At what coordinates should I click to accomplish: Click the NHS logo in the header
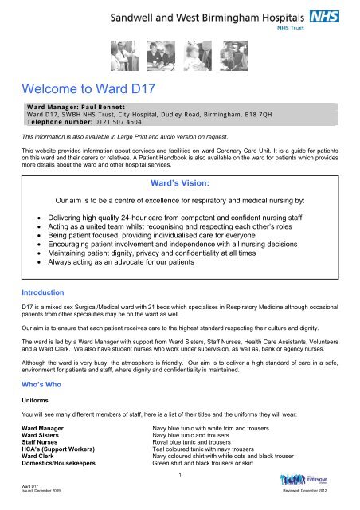click(335, 15)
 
